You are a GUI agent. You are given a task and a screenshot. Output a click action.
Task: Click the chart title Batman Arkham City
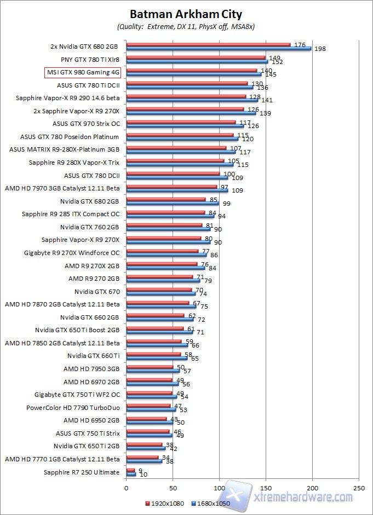coord(186,14)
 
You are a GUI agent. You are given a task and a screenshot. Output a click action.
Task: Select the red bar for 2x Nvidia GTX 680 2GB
coord(208,44)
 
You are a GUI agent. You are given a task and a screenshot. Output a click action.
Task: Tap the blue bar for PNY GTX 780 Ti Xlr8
coord(197,61)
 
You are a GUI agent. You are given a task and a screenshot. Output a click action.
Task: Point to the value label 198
coord(320,49)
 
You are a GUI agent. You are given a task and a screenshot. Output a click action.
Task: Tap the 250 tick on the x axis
coord(359,487)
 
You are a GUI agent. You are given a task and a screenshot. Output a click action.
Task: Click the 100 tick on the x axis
coord(219,487)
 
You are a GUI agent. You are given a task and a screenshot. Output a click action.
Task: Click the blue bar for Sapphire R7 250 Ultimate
coord(131,474)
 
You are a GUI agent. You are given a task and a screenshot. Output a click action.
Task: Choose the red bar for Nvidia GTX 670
coord(159,290)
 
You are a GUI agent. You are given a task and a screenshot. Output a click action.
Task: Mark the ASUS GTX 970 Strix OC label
coord(86,124)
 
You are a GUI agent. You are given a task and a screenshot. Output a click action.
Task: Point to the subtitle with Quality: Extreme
coord(186,26)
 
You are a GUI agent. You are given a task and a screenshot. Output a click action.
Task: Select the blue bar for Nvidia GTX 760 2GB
coord(168,229)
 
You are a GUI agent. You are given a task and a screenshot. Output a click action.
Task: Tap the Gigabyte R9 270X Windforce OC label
coord(72,252)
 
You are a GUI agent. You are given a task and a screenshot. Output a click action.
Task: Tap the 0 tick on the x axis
coord(126,487)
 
